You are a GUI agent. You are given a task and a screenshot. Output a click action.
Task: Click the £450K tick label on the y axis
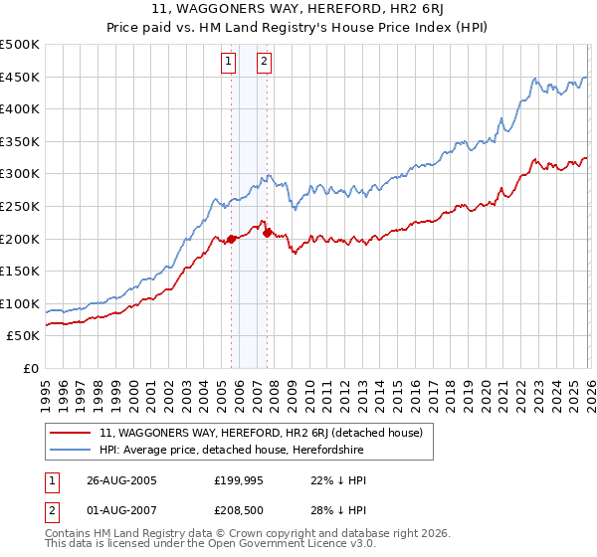coord(20,77)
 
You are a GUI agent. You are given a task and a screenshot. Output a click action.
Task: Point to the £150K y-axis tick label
coord(20,271)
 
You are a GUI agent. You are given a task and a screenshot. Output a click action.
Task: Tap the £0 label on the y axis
coord(29,368)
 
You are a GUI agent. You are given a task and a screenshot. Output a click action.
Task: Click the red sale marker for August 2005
coord(232,239)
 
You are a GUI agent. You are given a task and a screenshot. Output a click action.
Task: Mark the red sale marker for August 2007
coord(267,233)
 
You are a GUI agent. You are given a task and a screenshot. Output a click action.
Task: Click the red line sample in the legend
coord(72,433)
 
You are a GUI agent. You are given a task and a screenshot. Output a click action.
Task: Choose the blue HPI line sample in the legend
coord(72,450)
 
